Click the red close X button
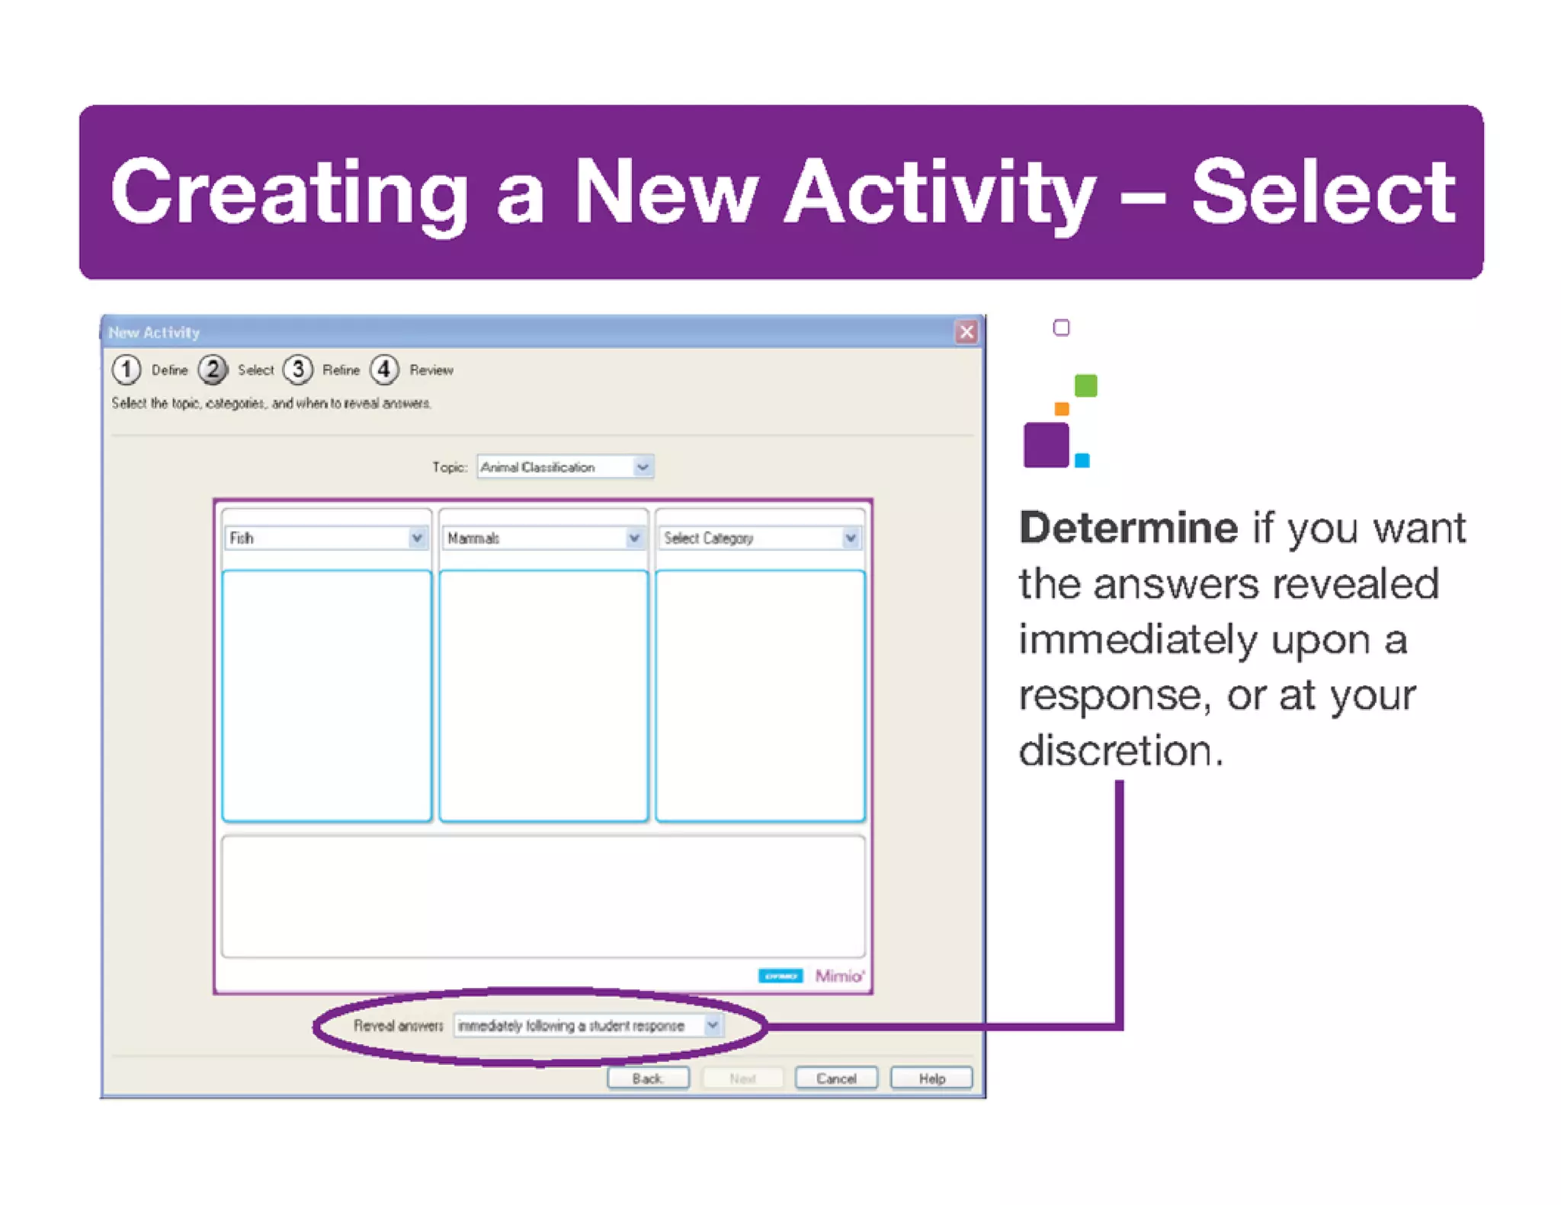[x=966, y=332]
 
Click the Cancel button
[x=835, y=1079]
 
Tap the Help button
[x=931, y=1079]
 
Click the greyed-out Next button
[x=742, y=1079]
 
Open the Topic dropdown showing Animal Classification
[x=565, y=467]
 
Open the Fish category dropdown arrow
[x=417, y=539]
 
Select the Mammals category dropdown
[x=543, y=539]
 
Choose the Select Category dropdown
[x=759, y=539]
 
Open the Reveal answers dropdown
[x=587, y=1026]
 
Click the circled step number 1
[x=127, y=369]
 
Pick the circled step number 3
[x=298, y=369]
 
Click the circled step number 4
[x=385, y=369]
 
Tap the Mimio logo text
[x=839, y=976]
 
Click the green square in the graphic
[x=1085, y=385]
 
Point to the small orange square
[x=1061, y=409]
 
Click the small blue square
[x=1082, y=460]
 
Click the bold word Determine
[x=1128, y=528]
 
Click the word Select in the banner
[x=1322, y=192]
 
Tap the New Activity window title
[x=154, y=332]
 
